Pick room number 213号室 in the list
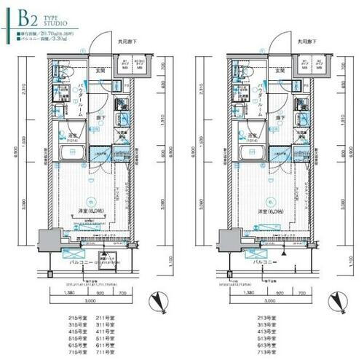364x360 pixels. (x=255, y=318)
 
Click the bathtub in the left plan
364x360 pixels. (x=73, y=153)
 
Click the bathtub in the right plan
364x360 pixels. (x=253, y=153)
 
